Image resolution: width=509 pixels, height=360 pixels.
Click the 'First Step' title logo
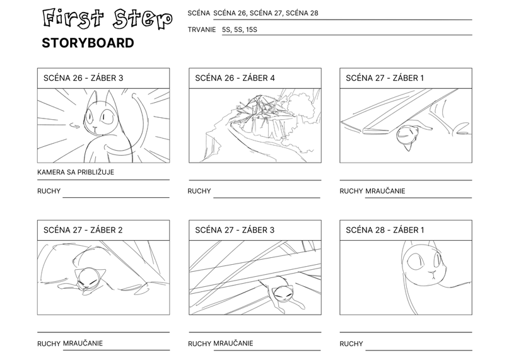tap(107, 19)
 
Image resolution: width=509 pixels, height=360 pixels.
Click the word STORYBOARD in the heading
tap(88, 43)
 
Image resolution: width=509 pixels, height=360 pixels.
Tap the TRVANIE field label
tap(202, 30)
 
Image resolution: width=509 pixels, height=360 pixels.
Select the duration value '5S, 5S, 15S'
tap(240, 30)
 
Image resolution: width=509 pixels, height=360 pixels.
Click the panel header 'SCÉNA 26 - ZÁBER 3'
tap(83, 78)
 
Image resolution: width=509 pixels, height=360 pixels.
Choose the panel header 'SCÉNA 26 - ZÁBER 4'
tap(235, 78)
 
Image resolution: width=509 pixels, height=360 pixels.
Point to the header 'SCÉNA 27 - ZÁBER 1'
tap(385, 78)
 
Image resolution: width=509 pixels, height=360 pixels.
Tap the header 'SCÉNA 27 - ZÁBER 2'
tap(83, 230)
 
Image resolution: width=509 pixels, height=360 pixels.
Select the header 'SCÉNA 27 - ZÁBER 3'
tap(235, 230)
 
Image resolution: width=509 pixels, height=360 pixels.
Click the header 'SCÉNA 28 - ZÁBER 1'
tap(385, 230)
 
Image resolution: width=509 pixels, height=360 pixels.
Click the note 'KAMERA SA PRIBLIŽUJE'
tap(76, 172)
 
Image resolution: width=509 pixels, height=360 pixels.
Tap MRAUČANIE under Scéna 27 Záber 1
tap(385, 191)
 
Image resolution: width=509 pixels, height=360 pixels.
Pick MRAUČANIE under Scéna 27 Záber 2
tap(83, 343)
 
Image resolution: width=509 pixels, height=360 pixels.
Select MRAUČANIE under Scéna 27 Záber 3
tap(233, 343)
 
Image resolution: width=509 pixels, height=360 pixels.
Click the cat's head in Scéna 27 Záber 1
tap(406, 136)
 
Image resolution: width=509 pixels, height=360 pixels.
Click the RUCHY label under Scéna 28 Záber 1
tap(351, 344)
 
